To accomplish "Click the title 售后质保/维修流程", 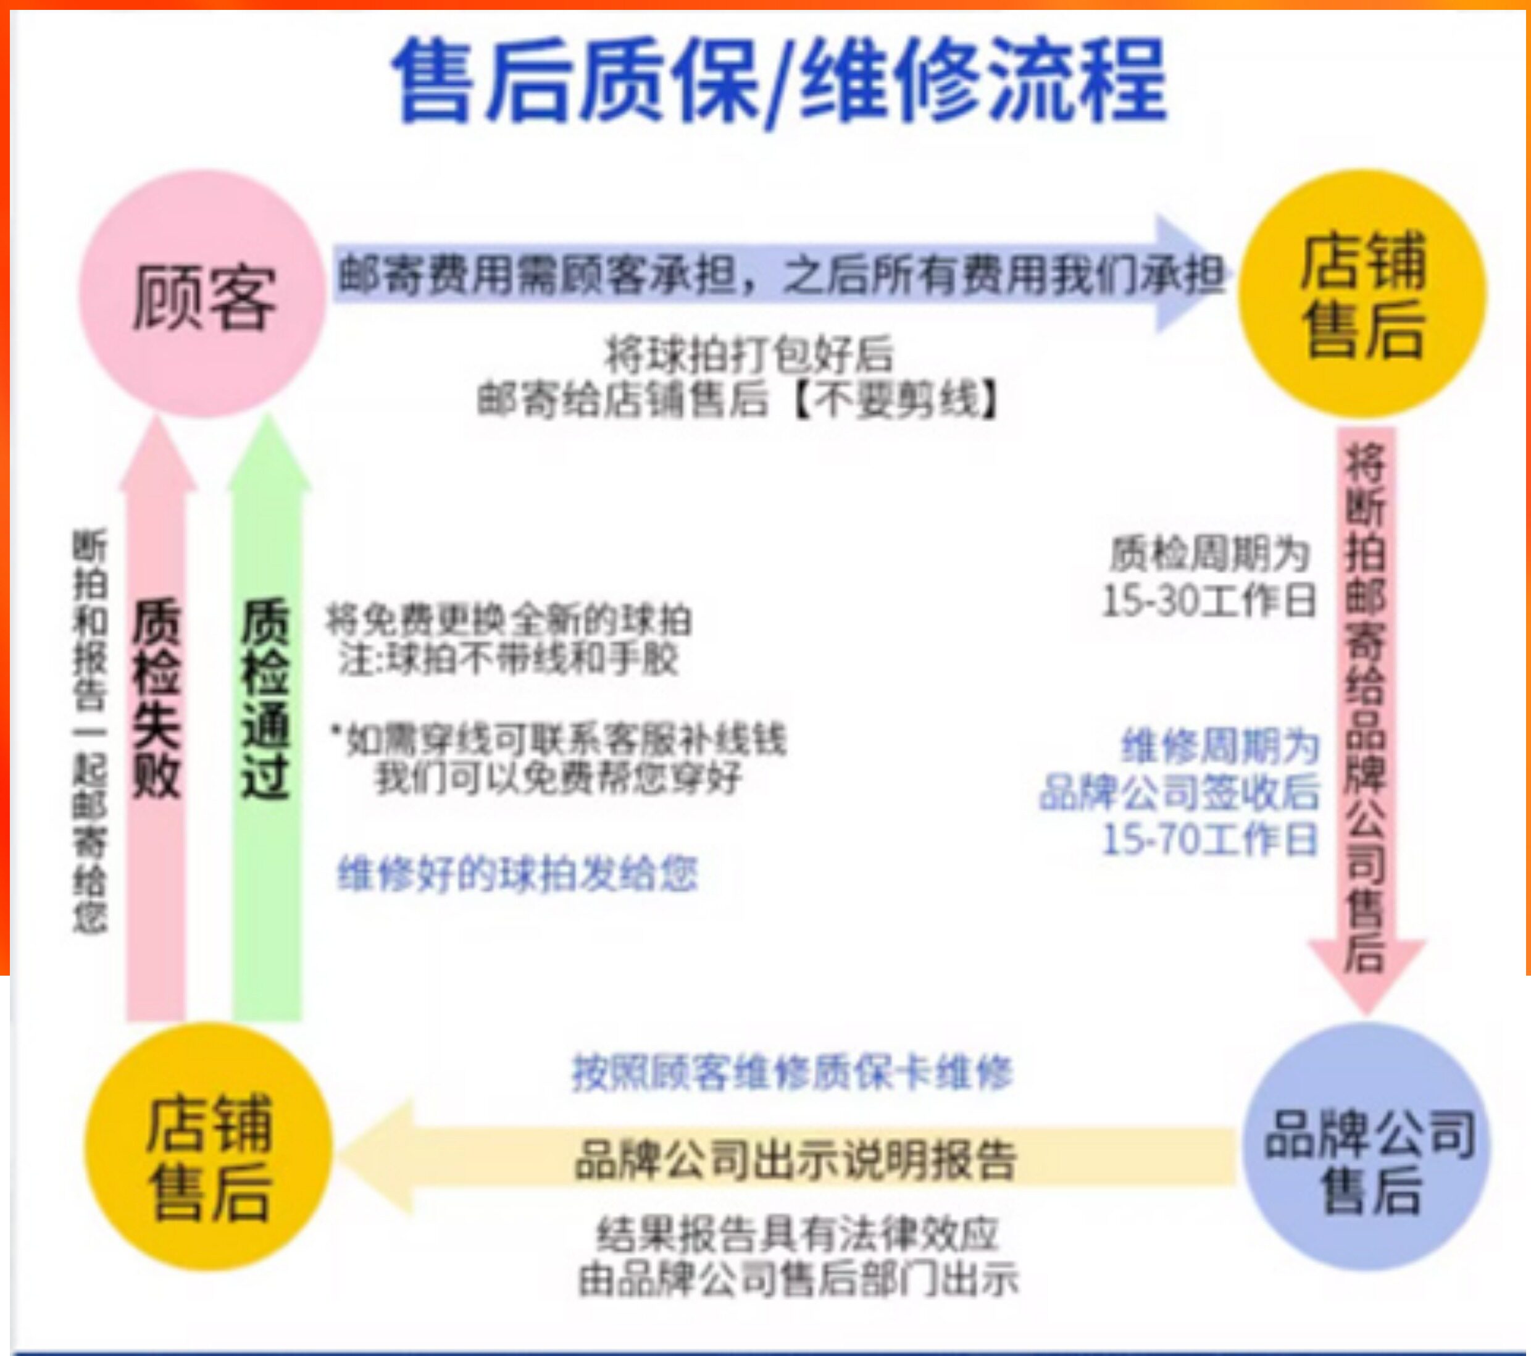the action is (x=779, y=81).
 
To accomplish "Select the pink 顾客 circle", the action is (x=202, y=294).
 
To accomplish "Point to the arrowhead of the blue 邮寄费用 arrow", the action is (x=1191, y=274).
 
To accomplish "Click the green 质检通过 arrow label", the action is (x=266, y=697).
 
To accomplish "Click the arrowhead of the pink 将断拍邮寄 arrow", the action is (x=1366, y=974).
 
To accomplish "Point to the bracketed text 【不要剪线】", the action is (x=895, y=400).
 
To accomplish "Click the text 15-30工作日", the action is (x=1208, y=600).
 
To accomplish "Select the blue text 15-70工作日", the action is (x=1209, y=839).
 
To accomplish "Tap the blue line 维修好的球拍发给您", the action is (x=517, y=874).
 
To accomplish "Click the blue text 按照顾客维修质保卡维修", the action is (x=791, y=1073).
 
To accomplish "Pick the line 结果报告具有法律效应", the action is (x=798, y=1233).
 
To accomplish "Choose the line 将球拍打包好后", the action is (x=749, y=354).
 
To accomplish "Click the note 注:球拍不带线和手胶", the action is (x=508, y=659).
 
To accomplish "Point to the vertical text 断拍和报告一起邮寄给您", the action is (x=90, y=730).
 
